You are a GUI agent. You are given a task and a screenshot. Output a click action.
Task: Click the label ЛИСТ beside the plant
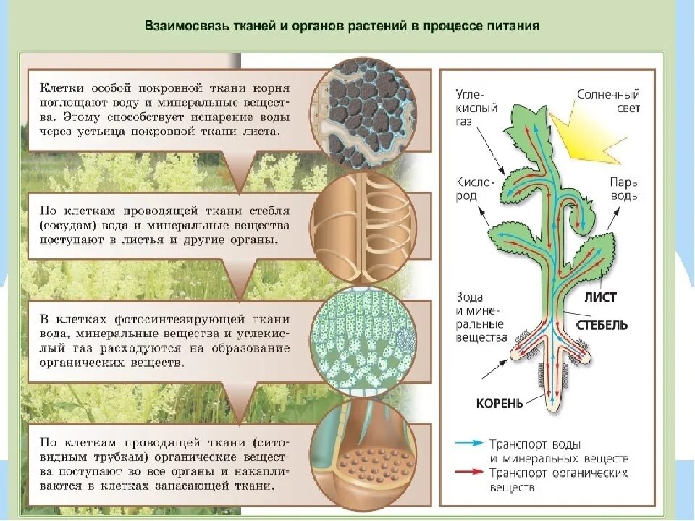point(600,297)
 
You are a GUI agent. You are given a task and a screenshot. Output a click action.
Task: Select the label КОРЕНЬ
point(500,403)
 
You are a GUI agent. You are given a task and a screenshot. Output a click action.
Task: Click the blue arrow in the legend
point(470,443)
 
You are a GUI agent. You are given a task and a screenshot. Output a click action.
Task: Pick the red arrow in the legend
point(470,472)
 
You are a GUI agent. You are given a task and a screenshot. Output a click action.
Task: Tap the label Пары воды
point(625,189)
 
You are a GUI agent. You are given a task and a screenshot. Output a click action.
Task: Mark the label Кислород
point(475,190)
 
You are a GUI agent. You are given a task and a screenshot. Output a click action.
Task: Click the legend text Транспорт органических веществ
point(558,480)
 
